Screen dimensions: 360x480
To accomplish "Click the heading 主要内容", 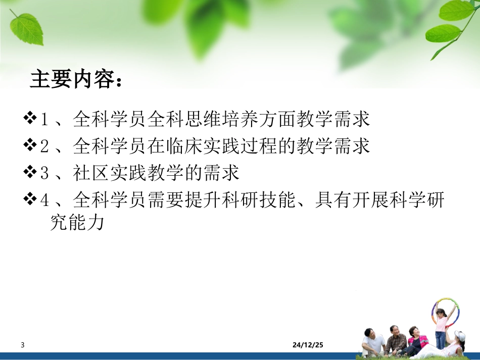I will [x=76, y=79].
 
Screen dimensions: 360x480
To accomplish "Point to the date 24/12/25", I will [x=308, y=345].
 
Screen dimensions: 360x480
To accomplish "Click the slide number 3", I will [x=23, y=345].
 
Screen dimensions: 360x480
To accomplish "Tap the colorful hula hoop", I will [x=445, y=313].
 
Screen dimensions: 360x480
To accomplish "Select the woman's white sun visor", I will [x=459, y=335].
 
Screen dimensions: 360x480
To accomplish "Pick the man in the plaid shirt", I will [x=396, y=341].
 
